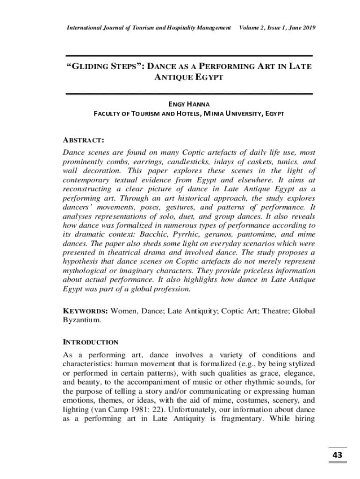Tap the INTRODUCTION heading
(x=91, y=342)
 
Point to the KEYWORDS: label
(x=86, y=311)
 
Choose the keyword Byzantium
(x=82, y=321)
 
